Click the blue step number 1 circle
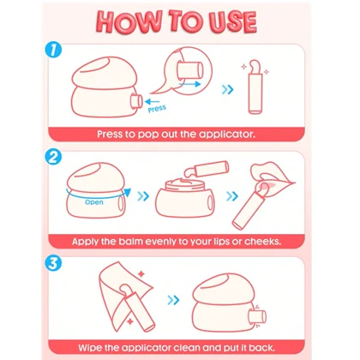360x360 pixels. (53, 51)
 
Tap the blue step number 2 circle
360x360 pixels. (53, 157)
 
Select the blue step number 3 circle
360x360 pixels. (53, 263)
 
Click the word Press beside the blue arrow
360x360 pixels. (157, 109)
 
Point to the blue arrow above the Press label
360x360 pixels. (152, 101)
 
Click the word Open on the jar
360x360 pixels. (94, 202)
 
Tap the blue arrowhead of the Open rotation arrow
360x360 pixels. (128, 192)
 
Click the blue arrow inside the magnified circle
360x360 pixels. (189, 84)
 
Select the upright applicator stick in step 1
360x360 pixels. (255, 87)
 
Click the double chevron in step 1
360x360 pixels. (227, 89)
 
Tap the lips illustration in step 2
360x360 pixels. (271, 176)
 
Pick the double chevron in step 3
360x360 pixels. (173, 300)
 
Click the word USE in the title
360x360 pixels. (232, 21)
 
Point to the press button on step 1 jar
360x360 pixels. (136, 101)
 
